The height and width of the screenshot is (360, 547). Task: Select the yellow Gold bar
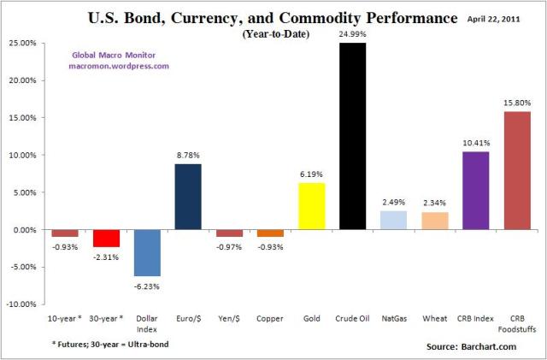point(312,206)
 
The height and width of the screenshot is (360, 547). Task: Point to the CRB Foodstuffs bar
point(516,170)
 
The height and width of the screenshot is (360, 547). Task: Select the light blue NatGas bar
point(393,220)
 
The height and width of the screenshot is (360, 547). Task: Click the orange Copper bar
point(271,233)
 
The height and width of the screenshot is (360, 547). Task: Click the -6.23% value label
point(147,286)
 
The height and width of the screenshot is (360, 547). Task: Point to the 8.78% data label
point(189,156)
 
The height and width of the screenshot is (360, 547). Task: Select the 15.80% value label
point(516,103)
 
